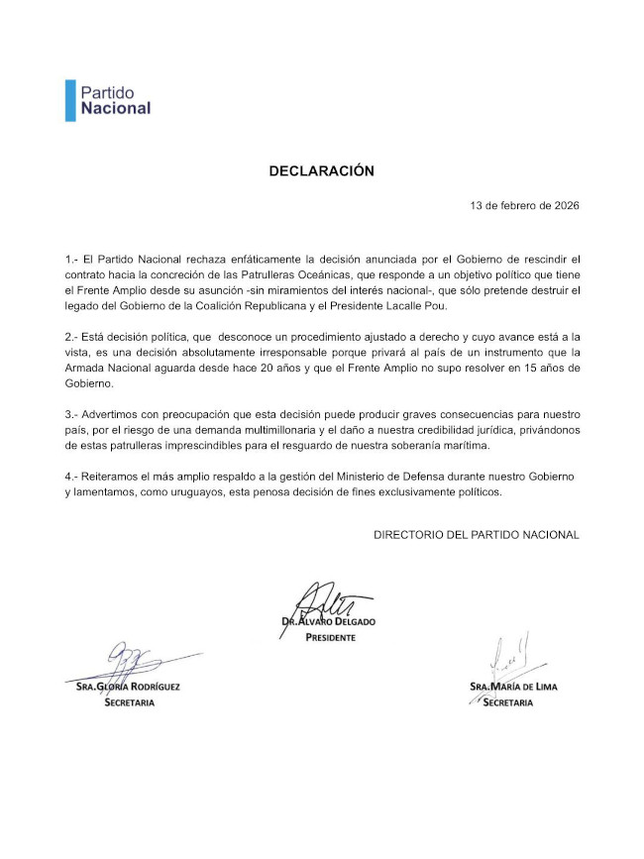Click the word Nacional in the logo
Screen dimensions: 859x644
(x=116, y=108)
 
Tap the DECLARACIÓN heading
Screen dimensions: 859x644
(x=322, y=170)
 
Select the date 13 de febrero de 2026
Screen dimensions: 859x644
(x=524, y=206)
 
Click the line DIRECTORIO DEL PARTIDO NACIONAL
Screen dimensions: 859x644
(x=476, y=535)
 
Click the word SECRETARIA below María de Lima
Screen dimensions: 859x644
(x=507, y=702)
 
